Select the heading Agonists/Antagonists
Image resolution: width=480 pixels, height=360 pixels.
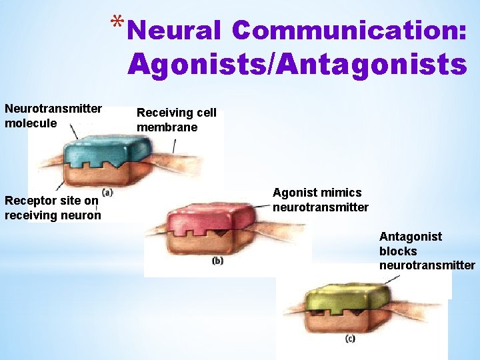click(297, 65)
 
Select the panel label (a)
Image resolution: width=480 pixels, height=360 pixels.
click(107, 192)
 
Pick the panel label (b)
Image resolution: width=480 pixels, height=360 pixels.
click(217, 261)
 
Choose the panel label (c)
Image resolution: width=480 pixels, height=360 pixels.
click(350, 339)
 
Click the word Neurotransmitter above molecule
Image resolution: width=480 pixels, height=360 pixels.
click(53, 109)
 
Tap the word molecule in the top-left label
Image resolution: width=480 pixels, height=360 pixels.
click(31, 123)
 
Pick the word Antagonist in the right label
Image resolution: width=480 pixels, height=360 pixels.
click(410, 237)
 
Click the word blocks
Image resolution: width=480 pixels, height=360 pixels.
click(398, 251)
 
